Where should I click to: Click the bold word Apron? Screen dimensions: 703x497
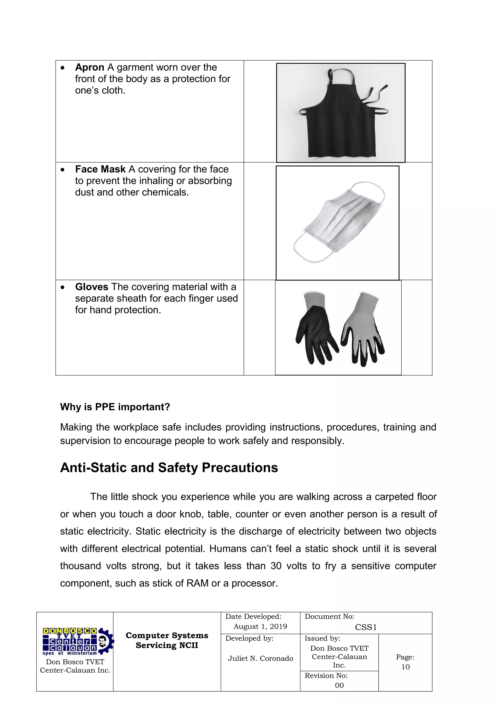pos(89,67)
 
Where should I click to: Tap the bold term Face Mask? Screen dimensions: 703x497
pos(100,169)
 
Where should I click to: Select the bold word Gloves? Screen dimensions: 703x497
pos(91,287)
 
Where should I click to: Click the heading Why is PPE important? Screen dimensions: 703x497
pos(115,407)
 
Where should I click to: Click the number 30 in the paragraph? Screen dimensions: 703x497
pos(276,566)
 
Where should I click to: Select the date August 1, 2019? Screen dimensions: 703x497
pos(260,627)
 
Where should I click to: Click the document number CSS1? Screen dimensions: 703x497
pos(366,627)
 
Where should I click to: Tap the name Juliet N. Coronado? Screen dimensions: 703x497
pos(260,658)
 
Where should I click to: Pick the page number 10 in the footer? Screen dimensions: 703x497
pos(405,667)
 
